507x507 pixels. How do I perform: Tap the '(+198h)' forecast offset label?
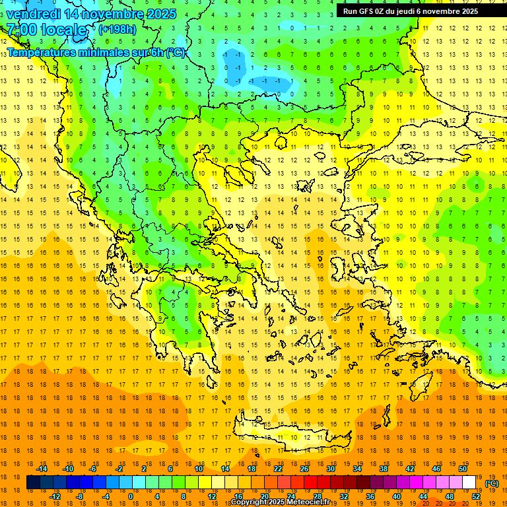pos(118,29)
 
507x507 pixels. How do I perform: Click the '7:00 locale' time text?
pos(46,30)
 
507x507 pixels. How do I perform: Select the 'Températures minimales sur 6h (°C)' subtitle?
pos(96,52)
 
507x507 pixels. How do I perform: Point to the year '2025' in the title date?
pos(161,14)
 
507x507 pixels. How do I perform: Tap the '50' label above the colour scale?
pos(462,469)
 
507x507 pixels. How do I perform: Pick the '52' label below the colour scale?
pos(475,496)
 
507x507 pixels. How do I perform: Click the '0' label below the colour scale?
pos(130,496)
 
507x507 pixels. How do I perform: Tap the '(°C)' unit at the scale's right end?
pos(491,483)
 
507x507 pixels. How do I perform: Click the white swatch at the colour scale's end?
pos(469,483)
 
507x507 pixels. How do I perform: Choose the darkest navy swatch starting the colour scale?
pos(33,483)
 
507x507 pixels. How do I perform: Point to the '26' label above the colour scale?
pos(304,469)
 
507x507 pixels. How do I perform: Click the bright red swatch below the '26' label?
pos(310,483)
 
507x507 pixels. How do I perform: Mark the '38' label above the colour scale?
pos(383,469)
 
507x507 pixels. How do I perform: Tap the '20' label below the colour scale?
pos(264,496)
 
